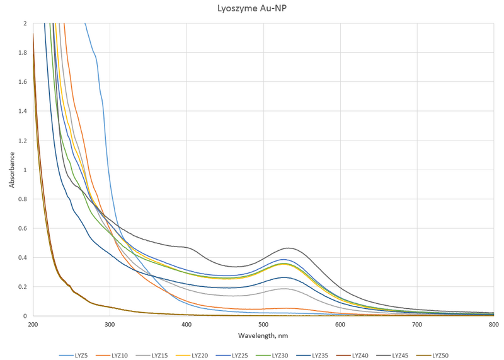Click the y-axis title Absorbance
click(12, 170)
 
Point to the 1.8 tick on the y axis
click(23, 52)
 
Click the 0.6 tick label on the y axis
click(23, 228)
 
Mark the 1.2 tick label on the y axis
click(23, 141)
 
